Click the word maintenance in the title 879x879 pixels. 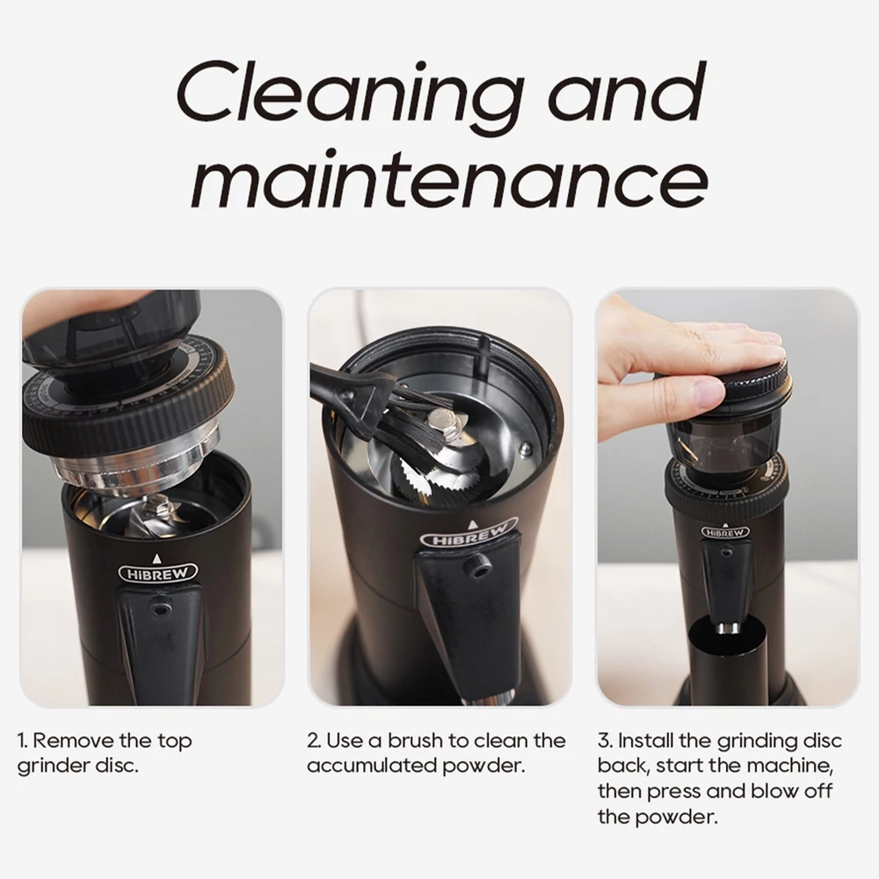coord(449,177)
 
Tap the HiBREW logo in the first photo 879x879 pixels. coord(158,573)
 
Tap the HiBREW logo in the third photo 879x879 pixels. coord(725,532)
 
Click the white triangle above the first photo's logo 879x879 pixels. coord(157,558)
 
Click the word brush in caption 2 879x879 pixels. coord(414,740)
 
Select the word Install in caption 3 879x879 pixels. coord(645,740)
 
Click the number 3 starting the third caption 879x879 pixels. coord(604,740)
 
